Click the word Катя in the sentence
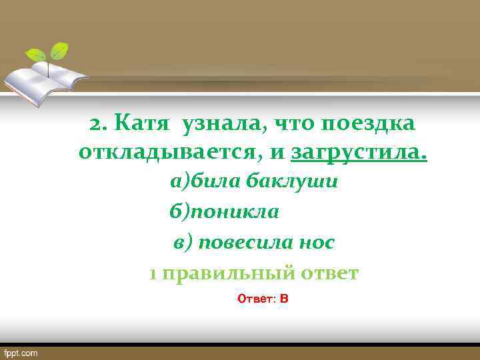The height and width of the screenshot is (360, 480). [x=138, y=123]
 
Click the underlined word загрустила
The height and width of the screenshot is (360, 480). [x=359, y=154]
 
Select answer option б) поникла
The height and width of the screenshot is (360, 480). [x=224, y=212]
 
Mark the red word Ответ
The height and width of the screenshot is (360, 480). [x=255, y=299]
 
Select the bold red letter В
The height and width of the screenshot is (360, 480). [x=284, y=299]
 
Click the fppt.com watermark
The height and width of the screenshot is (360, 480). [x=21, y=352]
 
